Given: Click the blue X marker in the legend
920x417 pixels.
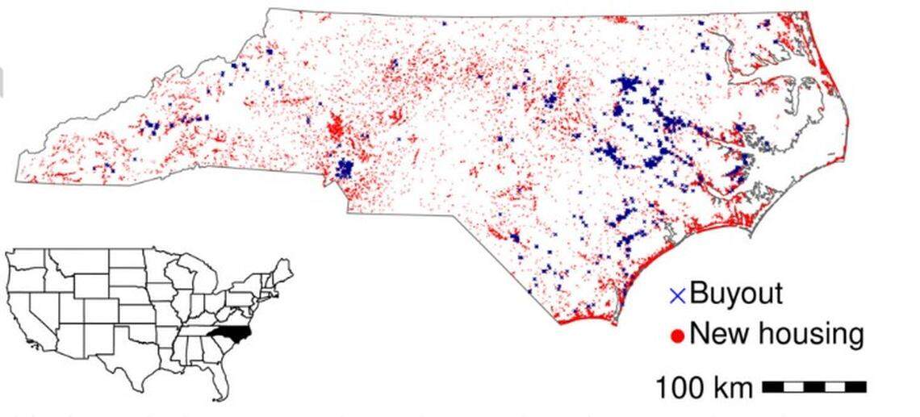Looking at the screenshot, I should pos(678,296).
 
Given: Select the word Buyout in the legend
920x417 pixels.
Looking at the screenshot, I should pos(735,293).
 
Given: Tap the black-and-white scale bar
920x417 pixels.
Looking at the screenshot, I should pos(813,387).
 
